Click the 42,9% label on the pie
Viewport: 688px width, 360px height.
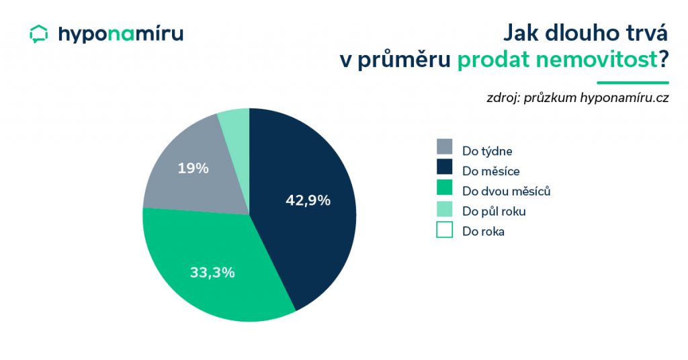308,200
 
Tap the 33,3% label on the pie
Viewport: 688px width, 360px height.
212,272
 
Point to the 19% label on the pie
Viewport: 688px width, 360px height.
193,168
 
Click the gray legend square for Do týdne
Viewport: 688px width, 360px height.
445,147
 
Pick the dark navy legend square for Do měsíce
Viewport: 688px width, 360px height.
445,167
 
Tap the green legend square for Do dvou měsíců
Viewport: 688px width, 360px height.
445,187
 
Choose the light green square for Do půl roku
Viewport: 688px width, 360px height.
445,209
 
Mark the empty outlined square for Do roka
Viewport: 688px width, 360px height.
445,230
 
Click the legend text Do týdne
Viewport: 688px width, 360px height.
487,151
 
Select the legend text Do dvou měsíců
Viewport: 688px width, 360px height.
507,191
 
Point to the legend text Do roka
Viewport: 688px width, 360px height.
483,231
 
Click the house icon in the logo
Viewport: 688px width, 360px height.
38,34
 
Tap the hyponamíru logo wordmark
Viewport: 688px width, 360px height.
121,34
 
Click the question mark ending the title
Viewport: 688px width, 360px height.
663,59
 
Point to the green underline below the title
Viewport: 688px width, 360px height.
633,83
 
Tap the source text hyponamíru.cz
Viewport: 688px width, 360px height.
624,98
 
